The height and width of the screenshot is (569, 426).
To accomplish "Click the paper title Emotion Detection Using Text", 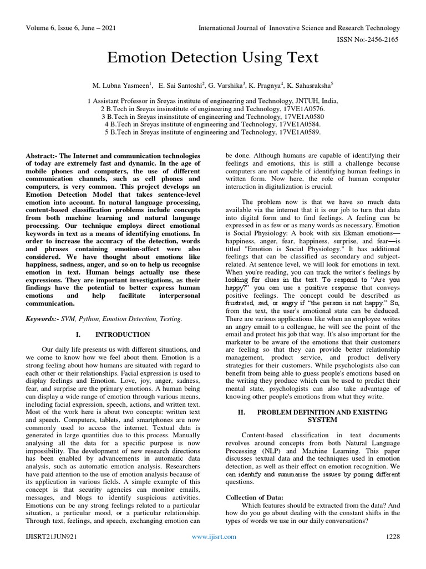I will tap(213, 58).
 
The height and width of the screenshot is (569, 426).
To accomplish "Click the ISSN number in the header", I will tap(373, 41).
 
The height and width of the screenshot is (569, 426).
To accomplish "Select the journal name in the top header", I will tap(301, 28).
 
